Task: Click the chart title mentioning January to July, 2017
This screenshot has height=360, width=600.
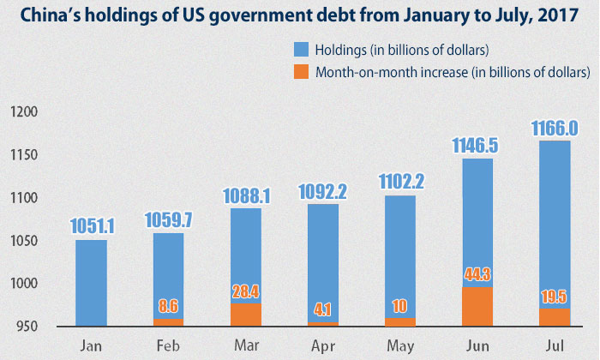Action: click(x=299, y=17)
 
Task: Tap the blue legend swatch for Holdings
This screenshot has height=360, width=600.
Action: click(x=300, y=49)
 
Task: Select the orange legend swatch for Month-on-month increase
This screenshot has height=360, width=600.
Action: click(x=300, y=73)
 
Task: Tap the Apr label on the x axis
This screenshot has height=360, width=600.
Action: click(x=322, y=346)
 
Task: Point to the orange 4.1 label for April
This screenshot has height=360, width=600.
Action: click(x=322, y=312)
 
